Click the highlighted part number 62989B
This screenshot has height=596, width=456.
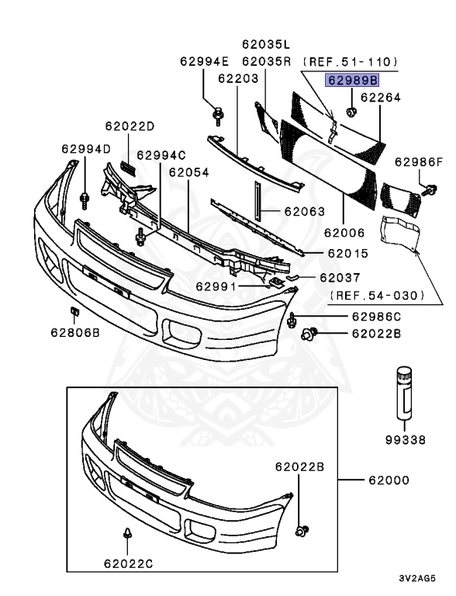353,79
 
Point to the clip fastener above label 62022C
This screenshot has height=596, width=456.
128,534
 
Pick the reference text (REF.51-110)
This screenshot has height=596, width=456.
350,61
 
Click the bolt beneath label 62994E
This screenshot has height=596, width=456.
218,116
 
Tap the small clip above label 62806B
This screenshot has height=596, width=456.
75,313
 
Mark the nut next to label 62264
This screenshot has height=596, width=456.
351,97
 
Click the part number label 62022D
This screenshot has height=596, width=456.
130,126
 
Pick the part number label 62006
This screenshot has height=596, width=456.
344,231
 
